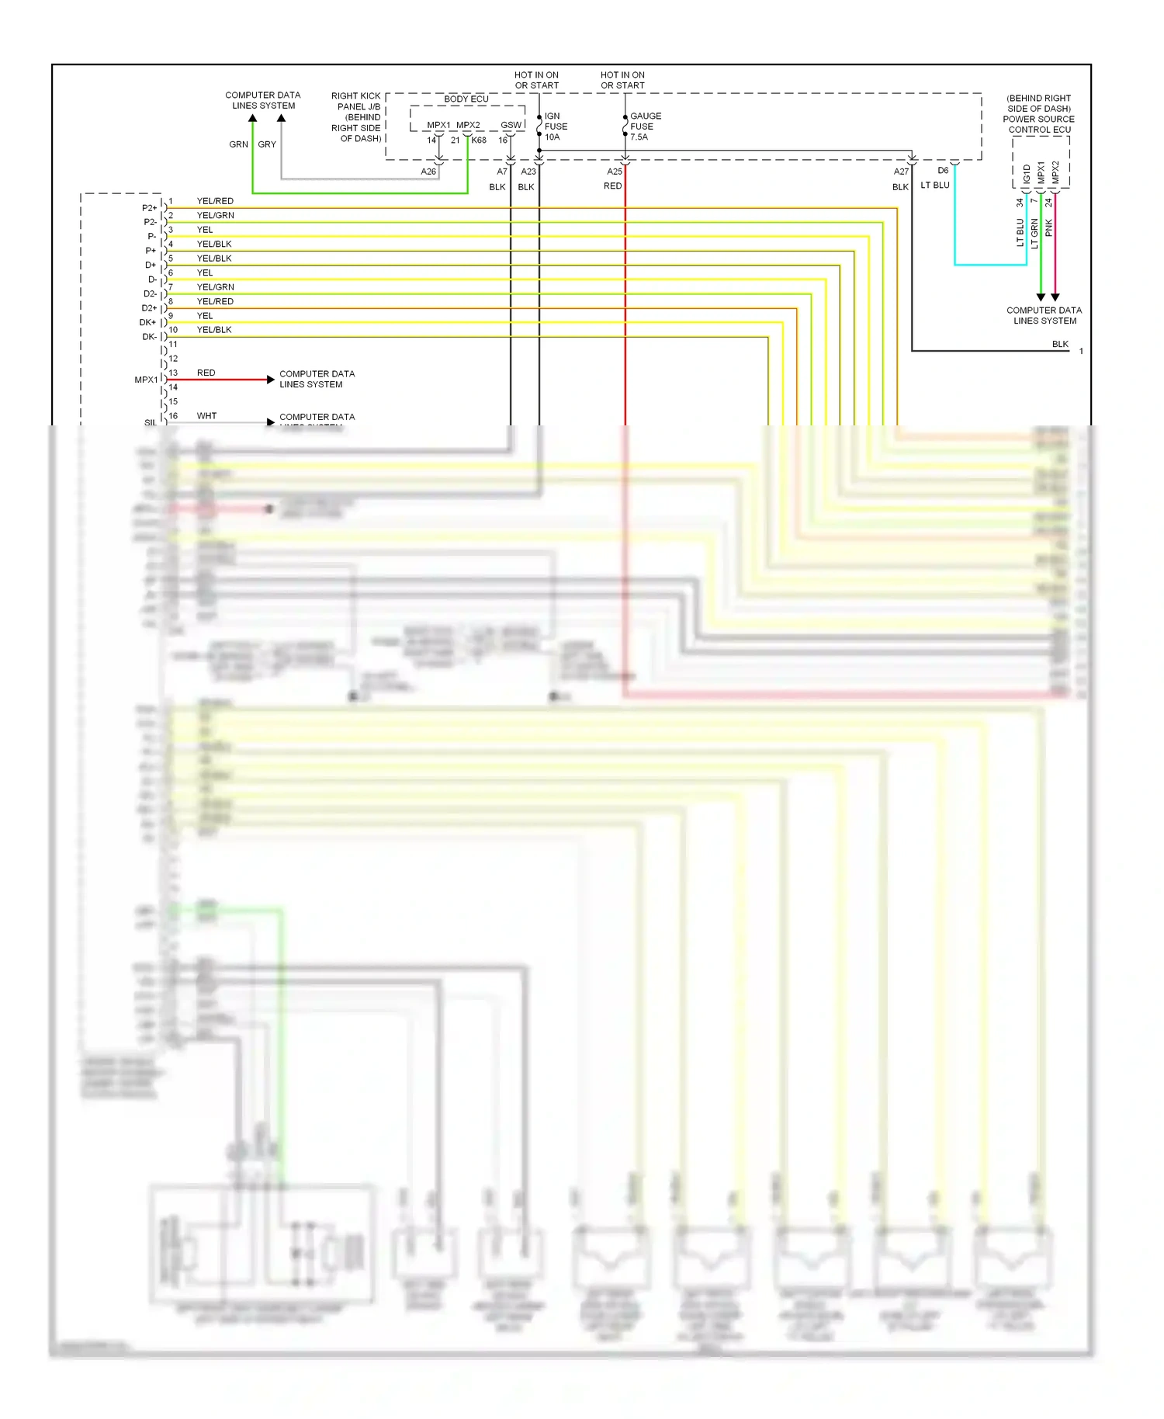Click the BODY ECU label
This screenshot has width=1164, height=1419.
pos(466,99)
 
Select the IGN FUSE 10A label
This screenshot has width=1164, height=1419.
pos(556,127)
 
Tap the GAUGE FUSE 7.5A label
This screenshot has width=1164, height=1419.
pos(645,127)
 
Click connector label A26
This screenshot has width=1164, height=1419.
pos(428,172)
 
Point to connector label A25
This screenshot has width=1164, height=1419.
pos(615,172)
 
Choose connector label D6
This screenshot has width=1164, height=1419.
pos(943,171)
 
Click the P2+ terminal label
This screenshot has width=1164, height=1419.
pos(149,208)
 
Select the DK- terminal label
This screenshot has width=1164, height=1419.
pos(149,337)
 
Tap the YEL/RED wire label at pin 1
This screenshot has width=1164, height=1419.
pos(215,201)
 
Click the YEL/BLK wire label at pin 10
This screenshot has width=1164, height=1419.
pos(214,330)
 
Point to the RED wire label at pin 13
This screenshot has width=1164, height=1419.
pos(206,373)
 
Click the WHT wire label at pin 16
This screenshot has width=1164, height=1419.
pos(206,416)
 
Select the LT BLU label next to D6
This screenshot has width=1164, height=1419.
pos(935,186)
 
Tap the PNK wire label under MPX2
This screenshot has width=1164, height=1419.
pos(1049,227)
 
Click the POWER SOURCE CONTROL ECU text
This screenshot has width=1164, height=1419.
pos(1039,124)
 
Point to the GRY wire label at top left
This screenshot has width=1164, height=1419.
pos(267,144)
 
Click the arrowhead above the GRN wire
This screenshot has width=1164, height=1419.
pos(253,119)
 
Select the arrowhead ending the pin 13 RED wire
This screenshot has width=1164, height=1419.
pos(271,380)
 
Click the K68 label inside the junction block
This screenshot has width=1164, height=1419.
pos(479,141)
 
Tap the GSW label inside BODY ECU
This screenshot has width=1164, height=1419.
pos(511,125)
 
